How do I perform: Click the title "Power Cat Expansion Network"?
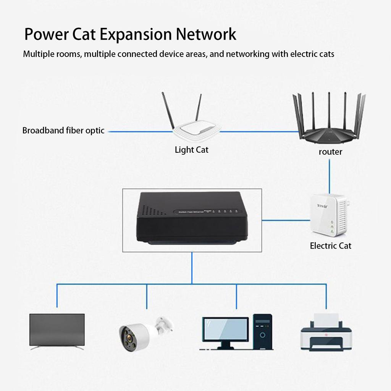(130, 34)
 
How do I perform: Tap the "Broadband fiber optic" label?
(63, 131)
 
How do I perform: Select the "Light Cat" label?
(191, 150)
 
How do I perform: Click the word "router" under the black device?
(330, 152)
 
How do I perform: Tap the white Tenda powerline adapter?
(329, 215)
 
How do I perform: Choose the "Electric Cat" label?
(330, 246)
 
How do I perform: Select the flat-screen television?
(57, 330)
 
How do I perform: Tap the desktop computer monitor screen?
(225, 330)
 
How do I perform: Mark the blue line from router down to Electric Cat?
(329, 176)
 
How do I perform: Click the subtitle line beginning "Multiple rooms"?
(178, 54)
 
